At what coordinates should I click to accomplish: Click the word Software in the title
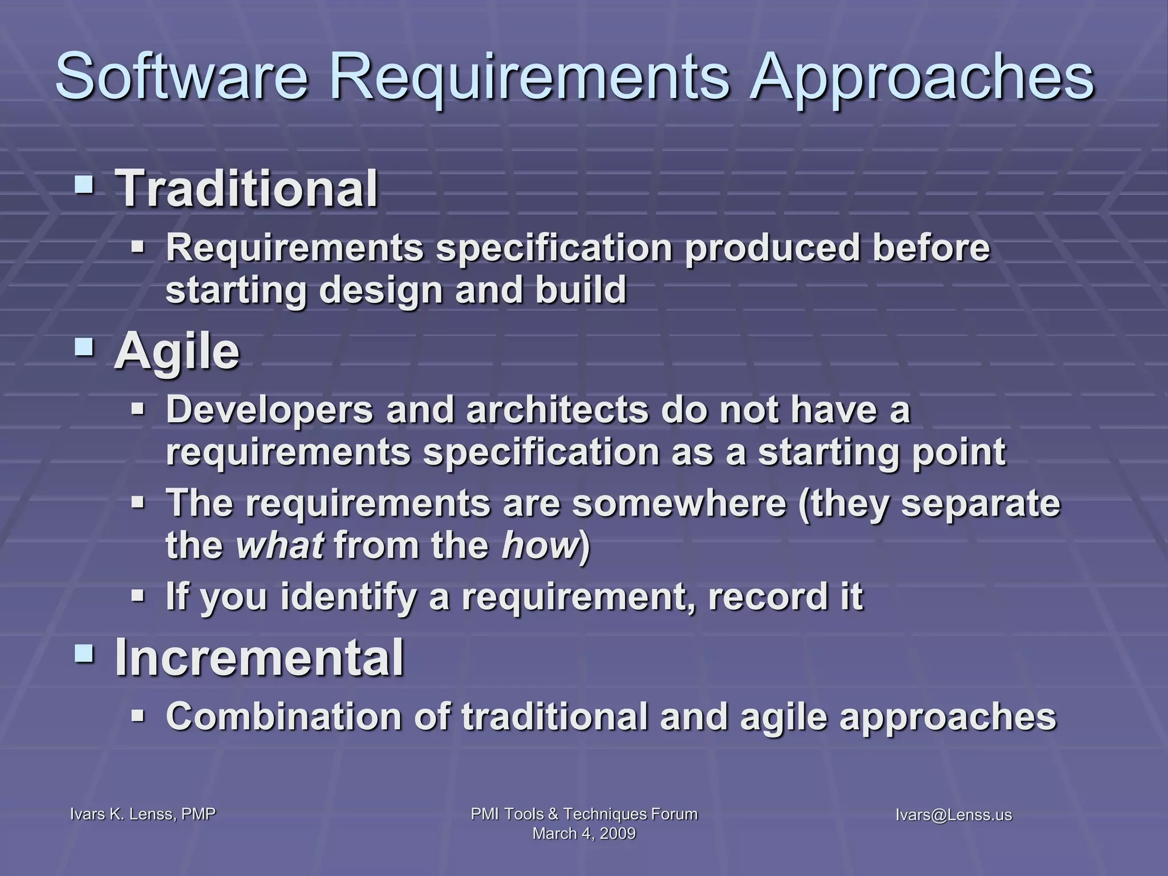[181, 76]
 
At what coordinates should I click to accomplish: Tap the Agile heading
[177, 352]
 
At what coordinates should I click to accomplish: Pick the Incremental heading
[259, 657]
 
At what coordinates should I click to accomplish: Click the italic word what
[280, 545]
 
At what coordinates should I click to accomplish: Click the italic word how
[540, 545]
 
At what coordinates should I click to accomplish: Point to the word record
[765, 597]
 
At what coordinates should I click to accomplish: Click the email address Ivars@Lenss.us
[954, 815]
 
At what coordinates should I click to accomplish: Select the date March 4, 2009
[584, 833]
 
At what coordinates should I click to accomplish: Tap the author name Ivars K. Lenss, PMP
[143, 814]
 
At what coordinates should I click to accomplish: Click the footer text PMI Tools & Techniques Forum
[584, 814]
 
